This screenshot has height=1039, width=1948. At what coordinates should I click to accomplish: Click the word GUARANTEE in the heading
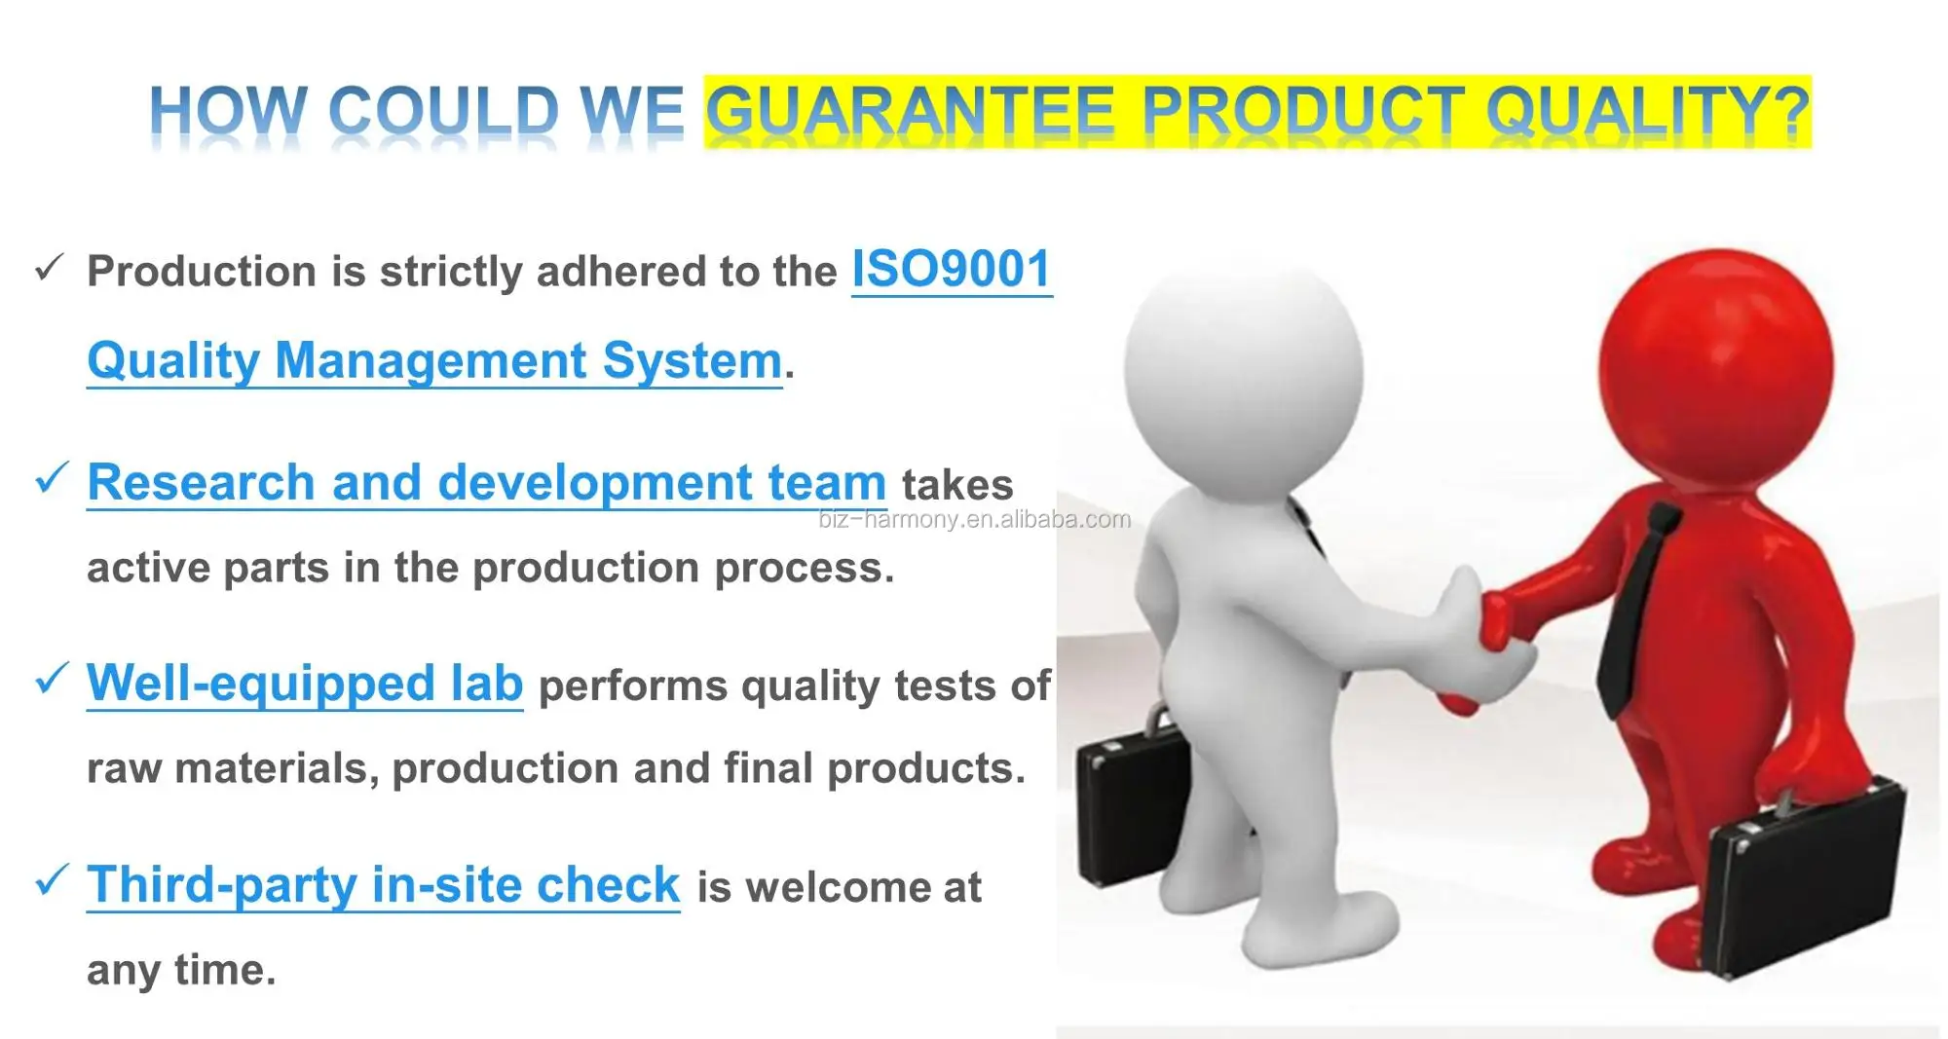point(910,110)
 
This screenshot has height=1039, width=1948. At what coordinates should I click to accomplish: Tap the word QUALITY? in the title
point(1647,110)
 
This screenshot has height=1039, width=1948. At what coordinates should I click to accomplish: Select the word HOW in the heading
point(228,110)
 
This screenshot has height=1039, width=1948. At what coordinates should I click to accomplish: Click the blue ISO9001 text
point(952,269)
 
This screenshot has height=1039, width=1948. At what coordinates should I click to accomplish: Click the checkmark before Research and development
point(51,478)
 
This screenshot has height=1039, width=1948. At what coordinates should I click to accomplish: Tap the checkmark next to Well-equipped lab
point(51,679)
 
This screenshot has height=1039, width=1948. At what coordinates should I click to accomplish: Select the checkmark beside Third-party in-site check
point(51,879)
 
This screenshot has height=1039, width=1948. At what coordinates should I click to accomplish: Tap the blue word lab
point(487,683)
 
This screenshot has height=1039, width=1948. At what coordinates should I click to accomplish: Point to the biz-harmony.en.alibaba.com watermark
point(975,519)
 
